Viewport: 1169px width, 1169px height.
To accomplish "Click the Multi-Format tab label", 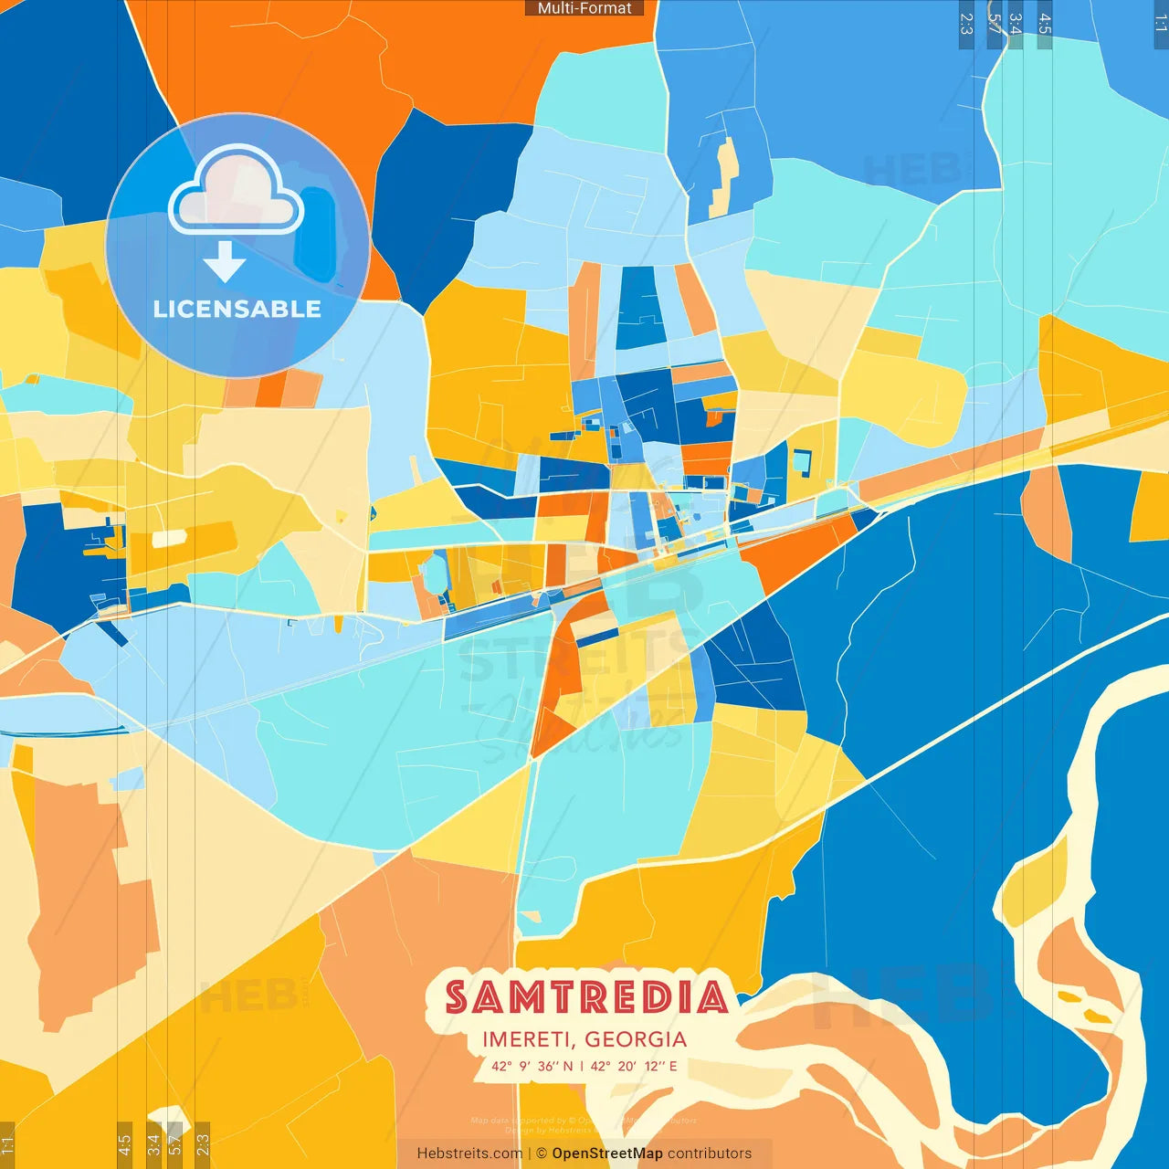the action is pos(584,8).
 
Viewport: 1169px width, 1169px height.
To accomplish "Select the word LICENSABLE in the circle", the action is pos(237,310).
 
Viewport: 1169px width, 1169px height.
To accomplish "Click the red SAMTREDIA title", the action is pos(586,997).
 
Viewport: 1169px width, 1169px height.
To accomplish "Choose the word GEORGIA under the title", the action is pos(636,1039).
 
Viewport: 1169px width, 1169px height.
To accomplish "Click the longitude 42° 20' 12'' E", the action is pos(634,1066).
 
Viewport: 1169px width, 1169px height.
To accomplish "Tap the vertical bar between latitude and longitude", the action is pos(582,1066).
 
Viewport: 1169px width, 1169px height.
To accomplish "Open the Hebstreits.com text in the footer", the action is pos(469,1153).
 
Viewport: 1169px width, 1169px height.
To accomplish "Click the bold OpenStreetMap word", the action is pos(607,1153).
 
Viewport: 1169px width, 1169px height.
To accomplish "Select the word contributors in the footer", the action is pos(710,1153).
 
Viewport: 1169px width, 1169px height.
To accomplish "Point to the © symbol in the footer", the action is pos(542,1153).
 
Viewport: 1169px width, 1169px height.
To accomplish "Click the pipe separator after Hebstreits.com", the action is pos(530,1153).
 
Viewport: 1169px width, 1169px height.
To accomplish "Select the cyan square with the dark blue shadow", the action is pos(801,462).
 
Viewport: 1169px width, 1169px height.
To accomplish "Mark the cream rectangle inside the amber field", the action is pos(169,538).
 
